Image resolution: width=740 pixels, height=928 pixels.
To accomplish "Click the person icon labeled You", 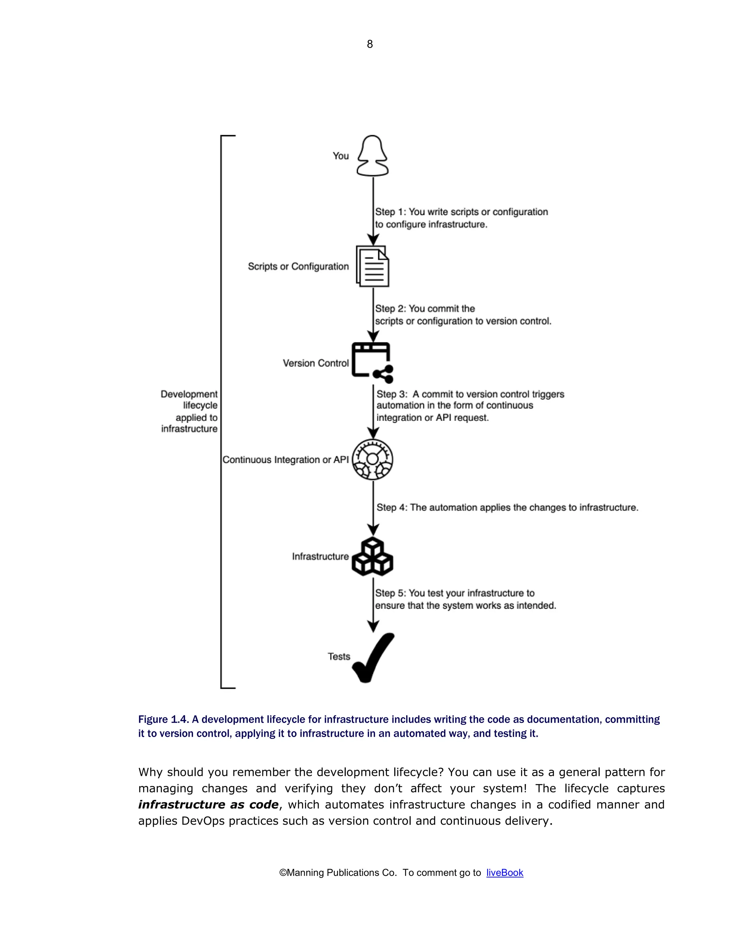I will pos(373,156).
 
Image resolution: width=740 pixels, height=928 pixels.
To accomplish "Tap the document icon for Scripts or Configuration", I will pos(373,266).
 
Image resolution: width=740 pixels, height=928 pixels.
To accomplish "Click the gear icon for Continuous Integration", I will pos(373,459).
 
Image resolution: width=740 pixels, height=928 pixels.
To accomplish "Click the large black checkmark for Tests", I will pos(373,657).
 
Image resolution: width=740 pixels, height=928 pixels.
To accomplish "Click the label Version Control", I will pos(315,363).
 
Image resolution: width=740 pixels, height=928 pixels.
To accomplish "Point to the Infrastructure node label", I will pos(320,556).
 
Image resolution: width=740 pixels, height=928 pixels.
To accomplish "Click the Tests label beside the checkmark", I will pos(339,657).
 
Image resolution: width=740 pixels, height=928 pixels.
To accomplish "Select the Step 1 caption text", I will pos(461,218).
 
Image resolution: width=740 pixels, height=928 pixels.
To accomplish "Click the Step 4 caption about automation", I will pos(507,508).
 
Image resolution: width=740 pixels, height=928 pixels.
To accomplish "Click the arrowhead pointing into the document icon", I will pos(373,240).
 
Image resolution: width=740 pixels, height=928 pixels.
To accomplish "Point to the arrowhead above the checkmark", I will pos(373,626).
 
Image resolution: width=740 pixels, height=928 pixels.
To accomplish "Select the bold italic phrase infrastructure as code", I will pos(208,804).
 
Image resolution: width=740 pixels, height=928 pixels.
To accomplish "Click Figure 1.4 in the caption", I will pos(163,719).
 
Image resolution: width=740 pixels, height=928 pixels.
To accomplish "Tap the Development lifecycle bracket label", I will pos(189,411).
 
